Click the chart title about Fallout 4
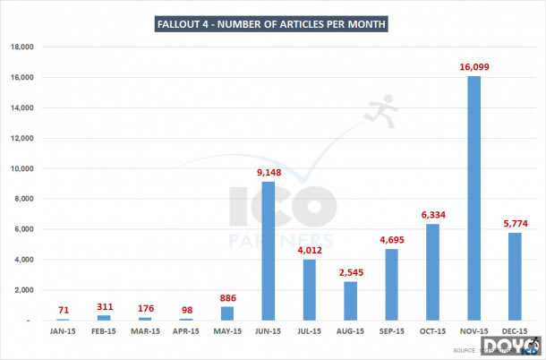[272, 24]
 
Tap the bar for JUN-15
[268, 251]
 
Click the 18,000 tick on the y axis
[21, 47]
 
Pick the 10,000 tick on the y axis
[21, 168]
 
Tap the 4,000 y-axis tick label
[23, 260]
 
